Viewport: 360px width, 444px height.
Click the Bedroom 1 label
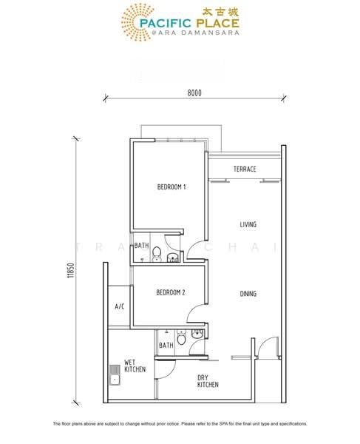click(171, 187)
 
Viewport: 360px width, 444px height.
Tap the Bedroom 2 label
click(171, 292)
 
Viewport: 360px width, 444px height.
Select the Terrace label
click(245, 169)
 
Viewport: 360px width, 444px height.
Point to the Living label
click(248, 224)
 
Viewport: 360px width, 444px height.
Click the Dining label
click(248, 294)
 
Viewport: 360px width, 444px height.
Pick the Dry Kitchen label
click(208, 381)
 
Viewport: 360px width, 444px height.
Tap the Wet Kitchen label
click(135, 366)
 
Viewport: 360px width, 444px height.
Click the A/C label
click(119, 306)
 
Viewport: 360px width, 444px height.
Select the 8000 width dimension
click(194, 93)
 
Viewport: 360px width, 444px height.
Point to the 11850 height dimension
click(71, 270)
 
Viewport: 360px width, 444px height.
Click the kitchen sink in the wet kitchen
click(115, 375)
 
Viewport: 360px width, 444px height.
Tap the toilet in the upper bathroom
click(157, 253)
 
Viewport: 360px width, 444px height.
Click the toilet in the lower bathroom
click(181, 337)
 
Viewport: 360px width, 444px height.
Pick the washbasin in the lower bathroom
click(197, 334)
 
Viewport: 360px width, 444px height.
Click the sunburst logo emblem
click(137, 22)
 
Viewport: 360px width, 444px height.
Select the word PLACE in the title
click(218, 23)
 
